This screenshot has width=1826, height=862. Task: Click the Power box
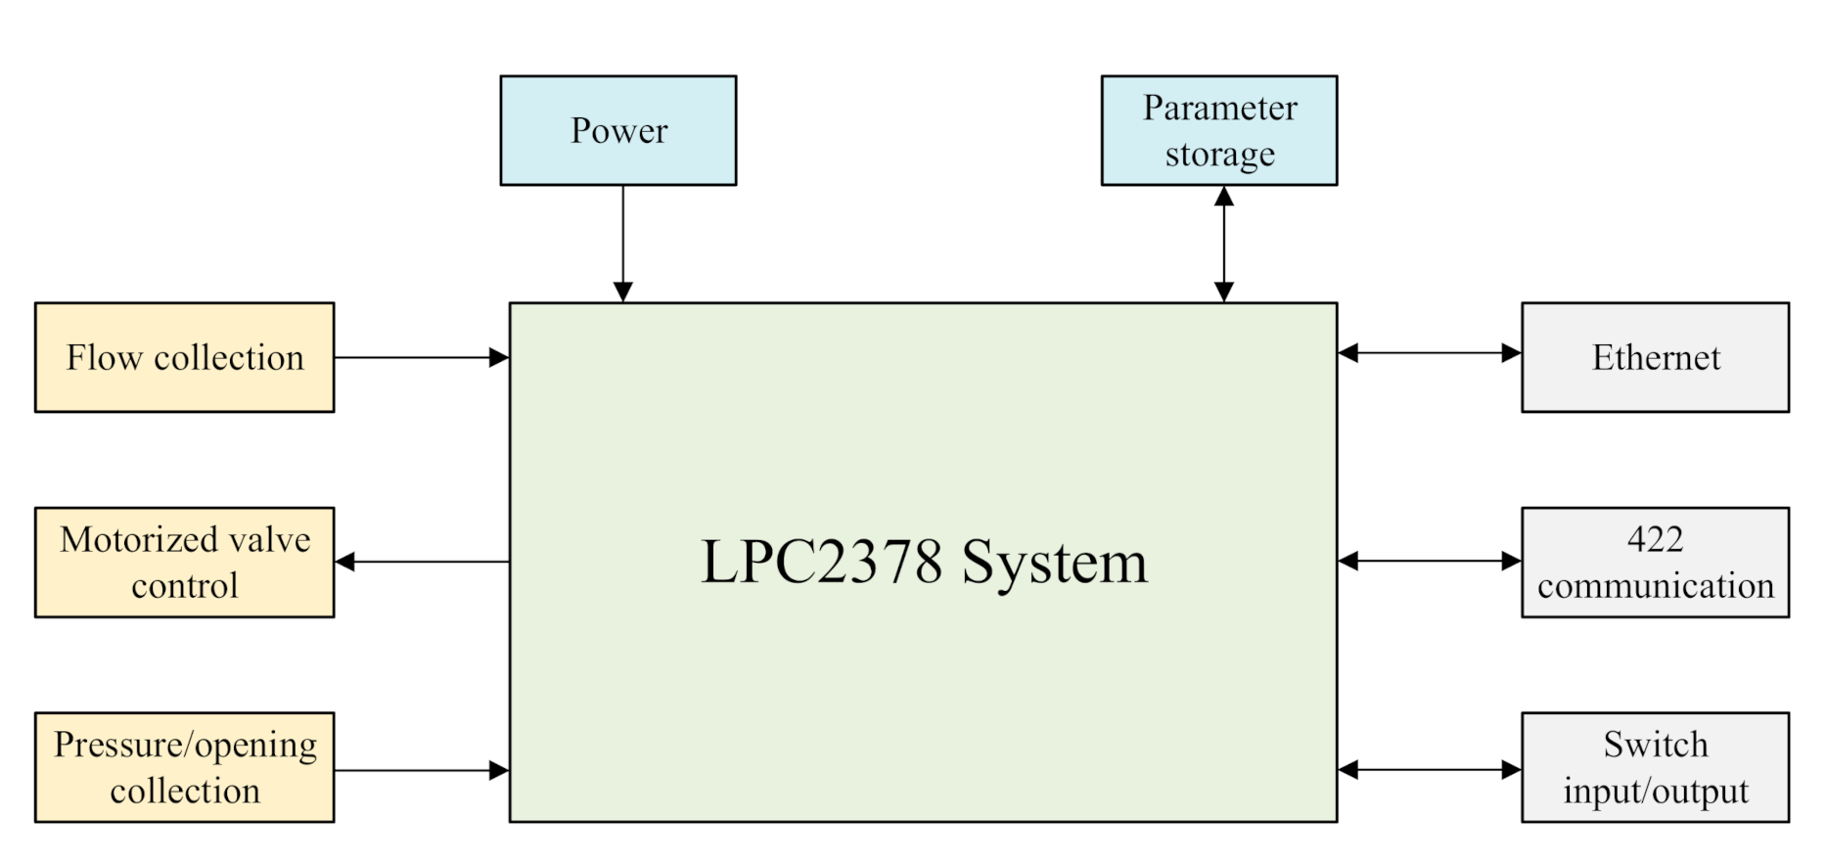(x=617, y=130)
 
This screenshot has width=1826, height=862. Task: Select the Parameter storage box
(x=1218, y=130)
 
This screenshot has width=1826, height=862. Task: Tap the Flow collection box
(x=184, y=357)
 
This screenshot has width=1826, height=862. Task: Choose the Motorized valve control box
(x=184, y=562)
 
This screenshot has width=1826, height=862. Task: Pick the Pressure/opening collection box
(x=184, y=767)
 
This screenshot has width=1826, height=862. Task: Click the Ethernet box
(x=1655, y=357)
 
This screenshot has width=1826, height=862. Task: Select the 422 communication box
(x=1655, y=562)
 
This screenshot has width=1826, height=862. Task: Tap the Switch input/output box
(x=1655, y=767)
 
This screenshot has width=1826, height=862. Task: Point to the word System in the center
(x=1054, y=563)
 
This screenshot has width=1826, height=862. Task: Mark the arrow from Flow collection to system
(x=421, y=358)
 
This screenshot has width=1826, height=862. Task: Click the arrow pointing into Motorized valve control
(x=421, y=562)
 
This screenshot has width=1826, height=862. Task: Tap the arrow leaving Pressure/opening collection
(x=421, y=771)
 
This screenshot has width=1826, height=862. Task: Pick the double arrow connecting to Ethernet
(x=1429, y=353)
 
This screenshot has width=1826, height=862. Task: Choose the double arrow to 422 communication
(x=1429, y=561)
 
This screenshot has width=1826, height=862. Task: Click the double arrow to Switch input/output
(x=1429, y=770)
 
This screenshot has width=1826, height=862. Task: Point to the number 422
(x=1655, y=539)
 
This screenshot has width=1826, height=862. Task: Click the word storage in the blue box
(x=1219, y=155)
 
